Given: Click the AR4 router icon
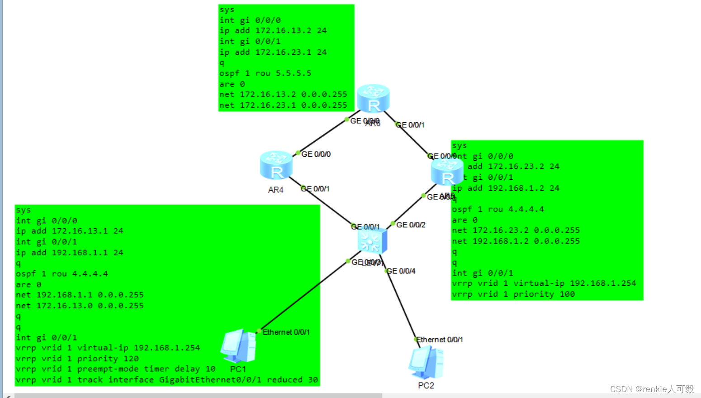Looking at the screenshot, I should click(276, 165).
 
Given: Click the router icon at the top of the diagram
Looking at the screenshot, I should click(373, 98).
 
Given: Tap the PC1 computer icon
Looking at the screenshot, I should click(238, 346).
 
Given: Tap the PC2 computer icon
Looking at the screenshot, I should click(426, 362).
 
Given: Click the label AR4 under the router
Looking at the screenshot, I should click(275, 190).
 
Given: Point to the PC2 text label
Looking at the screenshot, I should click(426, 386).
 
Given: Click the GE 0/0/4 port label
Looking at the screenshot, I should click(401, 271).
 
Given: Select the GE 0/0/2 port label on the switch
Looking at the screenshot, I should click(411, 225).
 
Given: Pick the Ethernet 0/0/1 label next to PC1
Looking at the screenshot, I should click(286, 332).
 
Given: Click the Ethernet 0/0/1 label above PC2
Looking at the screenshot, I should click(440, 340).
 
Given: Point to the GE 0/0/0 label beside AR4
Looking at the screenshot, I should click(316, 154).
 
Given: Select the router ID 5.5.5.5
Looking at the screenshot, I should click(294, 73).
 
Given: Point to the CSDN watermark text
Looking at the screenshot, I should click(651, 389).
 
